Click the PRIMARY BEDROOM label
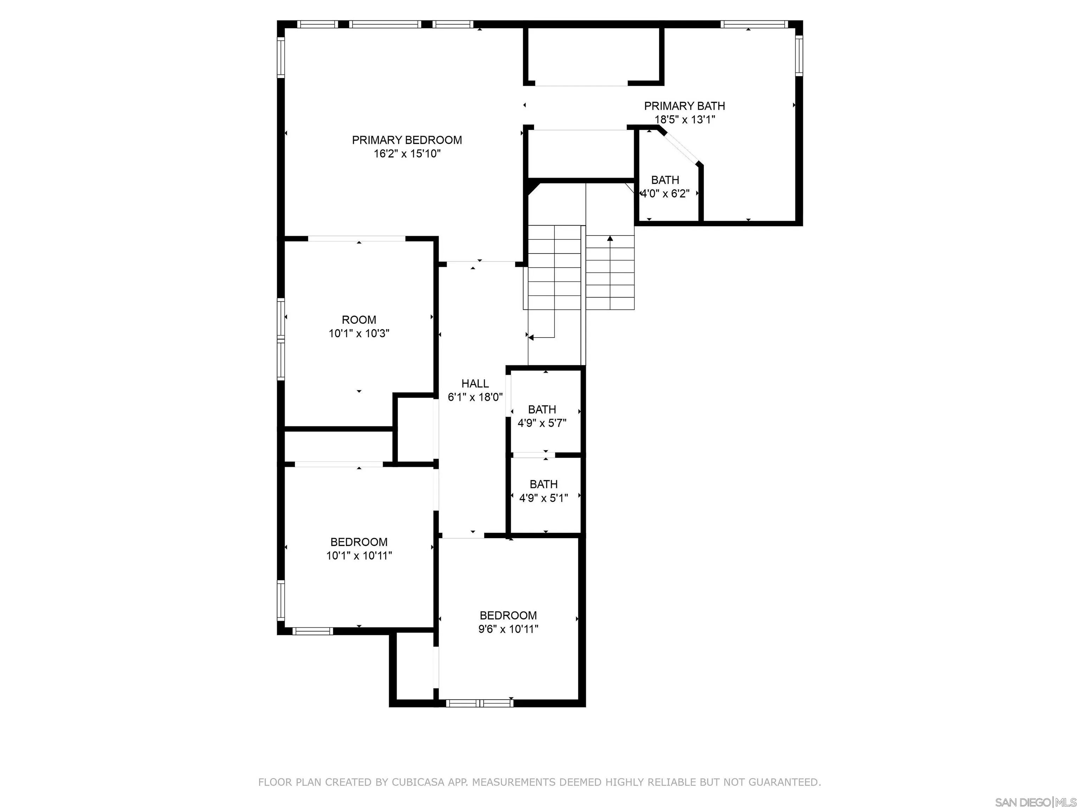(407, 140)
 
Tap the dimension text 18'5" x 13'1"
(684, 120)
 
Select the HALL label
(475, 384)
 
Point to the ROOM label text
(359, 320)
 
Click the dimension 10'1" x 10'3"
(359, 334)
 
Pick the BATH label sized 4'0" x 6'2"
(665, 180)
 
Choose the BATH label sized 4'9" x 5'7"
(542, 409)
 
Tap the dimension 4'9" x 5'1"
(544, 498)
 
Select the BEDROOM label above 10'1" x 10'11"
(359, 542)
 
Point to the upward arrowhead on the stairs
(610, 238)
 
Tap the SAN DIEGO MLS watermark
(1035, 802)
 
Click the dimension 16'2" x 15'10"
(407, 154)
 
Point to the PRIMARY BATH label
(684, 106)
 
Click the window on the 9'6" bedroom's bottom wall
(480, 703)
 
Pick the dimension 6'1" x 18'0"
(475, 397)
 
